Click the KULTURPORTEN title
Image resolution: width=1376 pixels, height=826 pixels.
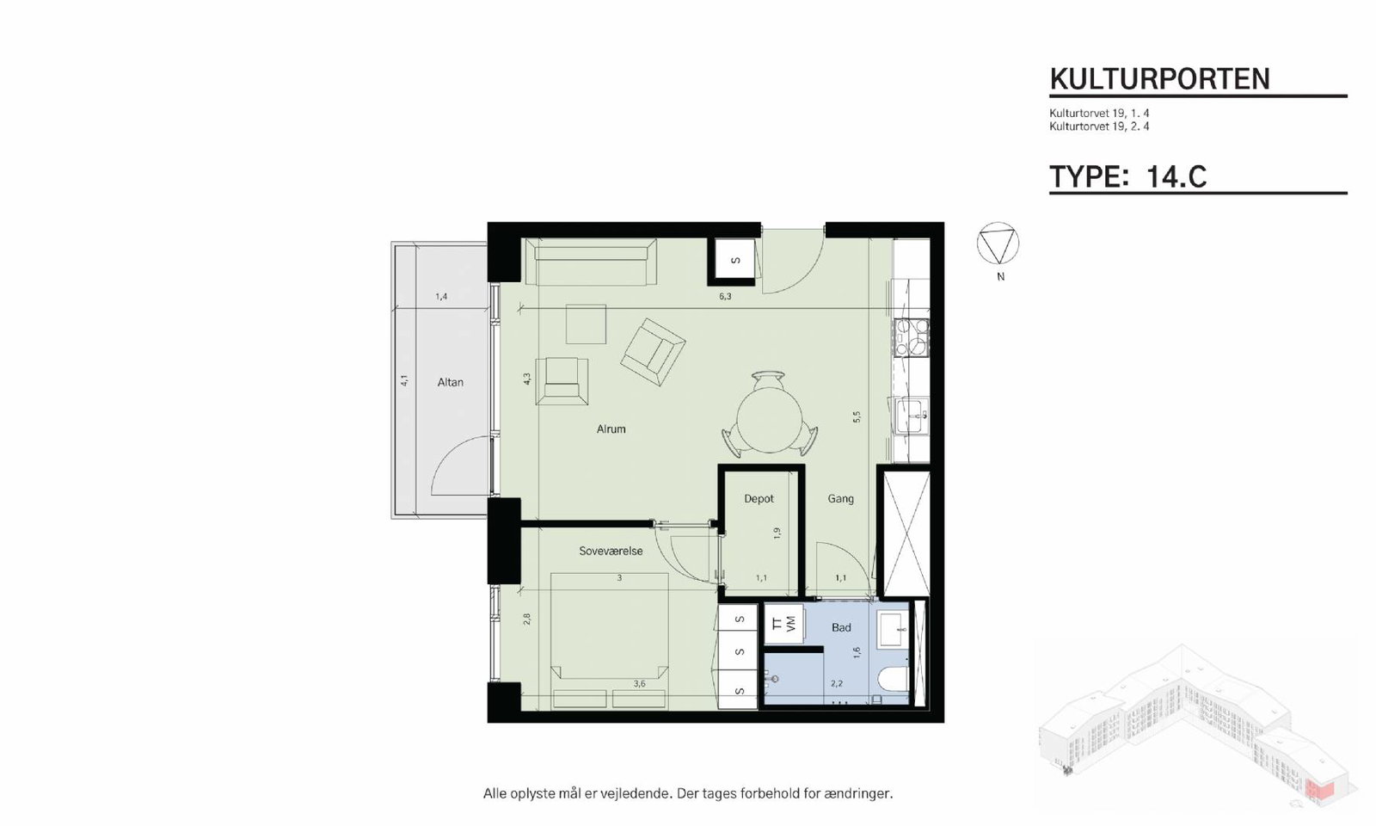click(x=1159, y=79)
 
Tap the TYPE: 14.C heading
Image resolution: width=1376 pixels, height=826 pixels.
click(x=1127, y=177)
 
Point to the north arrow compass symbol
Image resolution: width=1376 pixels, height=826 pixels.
click(x=998, y=243)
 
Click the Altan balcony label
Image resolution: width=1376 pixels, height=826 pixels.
click(x=451, y=382)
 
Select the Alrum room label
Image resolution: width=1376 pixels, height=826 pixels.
click(x=611, y=429)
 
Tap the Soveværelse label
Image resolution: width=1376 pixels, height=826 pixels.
click(x=611, y=551)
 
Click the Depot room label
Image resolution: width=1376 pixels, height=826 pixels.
click(x=759, y=499)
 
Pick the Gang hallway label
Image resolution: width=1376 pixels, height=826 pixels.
click(x=840, y=499)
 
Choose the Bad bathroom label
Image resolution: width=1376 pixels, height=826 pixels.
click(x=841, y=627)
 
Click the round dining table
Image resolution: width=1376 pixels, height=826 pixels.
click(x=769, y=422)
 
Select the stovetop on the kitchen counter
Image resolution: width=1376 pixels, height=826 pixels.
click(x=912, y=338)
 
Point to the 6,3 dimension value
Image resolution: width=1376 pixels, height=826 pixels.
click(x=726, y=296)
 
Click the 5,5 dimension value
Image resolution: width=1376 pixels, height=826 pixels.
click(x=857, y=416)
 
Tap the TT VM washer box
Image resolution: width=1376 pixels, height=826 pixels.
click(x=783, y=623)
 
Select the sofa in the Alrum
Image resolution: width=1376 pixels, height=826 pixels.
click(x=590, y=262)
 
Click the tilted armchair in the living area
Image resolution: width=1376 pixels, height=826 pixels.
click(x=653, y=352)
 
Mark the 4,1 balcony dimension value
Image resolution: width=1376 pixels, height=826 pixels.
click(x=404, y=380)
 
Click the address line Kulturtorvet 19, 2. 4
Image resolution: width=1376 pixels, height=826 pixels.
click(x=1099, y=126)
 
